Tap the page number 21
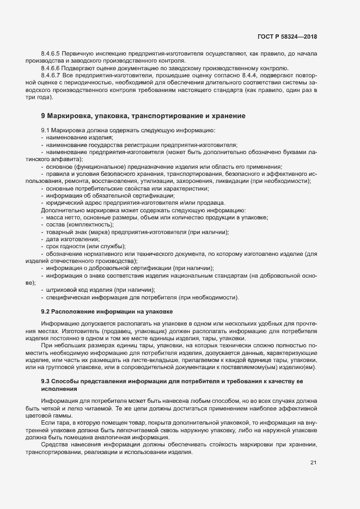pyautogui.click(x=313, y=463)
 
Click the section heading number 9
pyautogui.click(x=43, y=116)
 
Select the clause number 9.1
pyautogui.click(x=46, y=131)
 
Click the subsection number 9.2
pyautogui.click(x=46, y=311)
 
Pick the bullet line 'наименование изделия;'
pyautogui.click(x=68, y=138)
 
